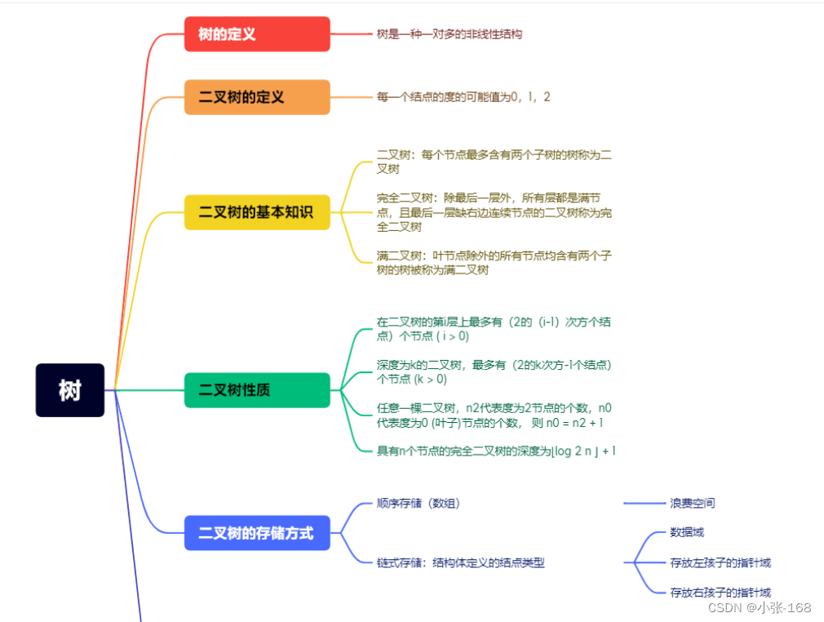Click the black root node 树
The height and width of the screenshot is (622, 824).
point(70,390)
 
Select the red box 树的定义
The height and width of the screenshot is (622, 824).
point(257,34)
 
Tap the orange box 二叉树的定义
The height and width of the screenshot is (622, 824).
point(257,97)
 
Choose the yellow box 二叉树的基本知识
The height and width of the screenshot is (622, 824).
point(257,212)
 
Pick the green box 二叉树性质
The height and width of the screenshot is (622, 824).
point(257,390)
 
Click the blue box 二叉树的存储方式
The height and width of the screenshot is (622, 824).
point(257,533)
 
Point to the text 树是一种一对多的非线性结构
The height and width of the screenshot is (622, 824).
point(450,34)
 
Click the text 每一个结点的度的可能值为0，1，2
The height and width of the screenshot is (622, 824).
point(463,97)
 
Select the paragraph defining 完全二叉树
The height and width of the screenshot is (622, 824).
point(494,212)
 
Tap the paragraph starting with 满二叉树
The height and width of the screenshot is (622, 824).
point(494,262)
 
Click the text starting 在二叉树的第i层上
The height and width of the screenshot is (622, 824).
point(494,328)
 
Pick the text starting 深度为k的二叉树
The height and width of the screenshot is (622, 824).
point(494,371)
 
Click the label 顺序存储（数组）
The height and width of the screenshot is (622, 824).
point(424,504)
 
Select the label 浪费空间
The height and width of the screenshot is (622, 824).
point(693,504)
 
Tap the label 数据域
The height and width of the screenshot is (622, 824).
point(687,532)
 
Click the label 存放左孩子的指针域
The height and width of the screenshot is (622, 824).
point(720,562)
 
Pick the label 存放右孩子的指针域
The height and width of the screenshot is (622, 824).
point(720,592)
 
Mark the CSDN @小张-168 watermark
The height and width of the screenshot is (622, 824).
point(759,608)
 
